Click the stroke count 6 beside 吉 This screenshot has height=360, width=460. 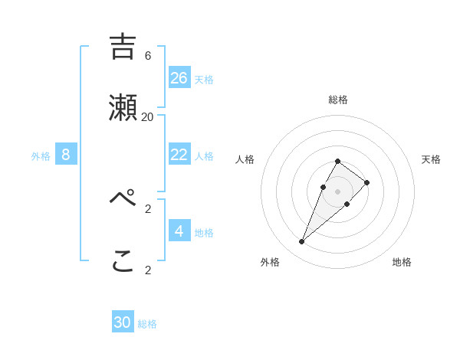[148, 56]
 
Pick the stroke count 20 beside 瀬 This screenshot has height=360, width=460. [148, 117]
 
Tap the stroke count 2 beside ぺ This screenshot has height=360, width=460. [148, 208]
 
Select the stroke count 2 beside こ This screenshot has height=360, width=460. [148, 270]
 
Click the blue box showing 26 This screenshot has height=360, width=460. [179, 78]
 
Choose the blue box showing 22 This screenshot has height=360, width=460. [179, 155]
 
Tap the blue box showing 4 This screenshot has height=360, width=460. [179, 231]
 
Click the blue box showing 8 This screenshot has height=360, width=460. [66, 155]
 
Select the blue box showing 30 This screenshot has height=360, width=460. [123, 322]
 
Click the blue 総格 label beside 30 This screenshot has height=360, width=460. [147, 324]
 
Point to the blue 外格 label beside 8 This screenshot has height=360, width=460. [41, 156]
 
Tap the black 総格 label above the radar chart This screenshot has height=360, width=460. [338, 100]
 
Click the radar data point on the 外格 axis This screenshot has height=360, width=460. [301, 242]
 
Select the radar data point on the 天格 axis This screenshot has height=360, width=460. [367, 182]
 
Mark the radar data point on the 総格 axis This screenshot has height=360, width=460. [337, 161]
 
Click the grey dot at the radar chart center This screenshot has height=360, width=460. [337, 191]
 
